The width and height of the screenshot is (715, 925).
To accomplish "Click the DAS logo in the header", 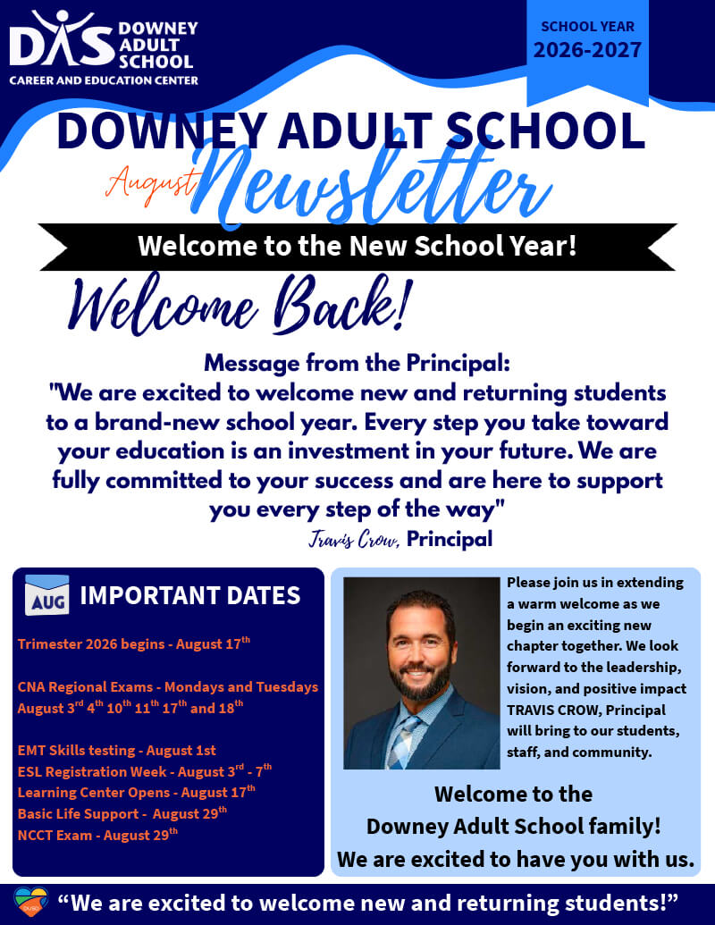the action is pyautogui.click(x=104, y=47).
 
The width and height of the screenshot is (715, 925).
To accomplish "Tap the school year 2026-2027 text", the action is pyautogui.click(x=587, y=49).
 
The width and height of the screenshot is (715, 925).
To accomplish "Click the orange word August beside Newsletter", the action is pyautogui.click(x=151, y=183).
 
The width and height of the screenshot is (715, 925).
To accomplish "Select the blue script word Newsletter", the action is pyautogui.click(x=371, y=184).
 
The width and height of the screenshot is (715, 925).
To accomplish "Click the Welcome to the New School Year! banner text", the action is pyautogui.click(x=357, y=246).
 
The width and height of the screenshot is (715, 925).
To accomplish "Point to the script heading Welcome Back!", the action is pyautogui.click(x=239, y=306).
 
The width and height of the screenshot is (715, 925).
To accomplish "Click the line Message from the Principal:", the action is pyautogui.click(x=357, y=364).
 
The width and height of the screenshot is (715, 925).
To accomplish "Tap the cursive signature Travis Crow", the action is pyautogui.click(x=353, y=539).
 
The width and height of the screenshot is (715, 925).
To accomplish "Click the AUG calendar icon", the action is pyautogui.click(x=47, y=594).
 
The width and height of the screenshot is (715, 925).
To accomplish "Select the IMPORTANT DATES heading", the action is pyautogui.click(x=190, y=596).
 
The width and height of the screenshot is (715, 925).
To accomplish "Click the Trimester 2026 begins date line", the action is pyautogui.click(x=134, y=643).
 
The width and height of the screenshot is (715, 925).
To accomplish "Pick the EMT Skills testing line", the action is pyautogui.click(x=117, y=751).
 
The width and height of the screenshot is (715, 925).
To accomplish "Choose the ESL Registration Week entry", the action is pyautogui.click(x=145, y=771).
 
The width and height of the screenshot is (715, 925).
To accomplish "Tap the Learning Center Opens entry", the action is pyautogui.click(x=136, y=792).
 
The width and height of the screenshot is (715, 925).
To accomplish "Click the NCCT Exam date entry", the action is pyautogui.click(x=97, y=835).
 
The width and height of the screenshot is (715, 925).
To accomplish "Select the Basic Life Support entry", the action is pyautogui.click(x=122, y=813).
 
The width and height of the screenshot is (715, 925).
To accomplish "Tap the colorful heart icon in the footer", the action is pyautogui.click(x=30, y=902).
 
